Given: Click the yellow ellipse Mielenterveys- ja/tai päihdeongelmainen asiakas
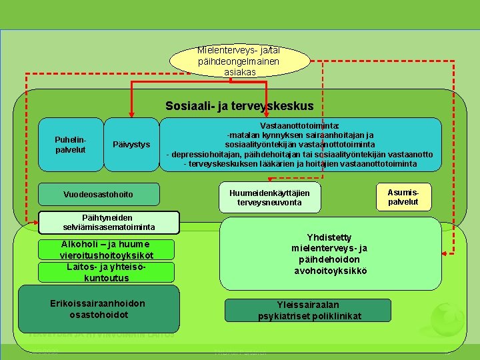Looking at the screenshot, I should (239, 61).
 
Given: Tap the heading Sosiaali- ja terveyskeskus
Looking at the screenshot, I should (239, 106).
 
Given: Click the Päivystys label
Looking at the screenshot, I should (132, 145).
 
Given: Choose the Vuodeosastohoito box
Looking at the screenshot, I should (99, 194).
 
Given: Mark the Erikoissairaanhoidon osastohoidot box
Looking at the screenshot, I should (98, 309).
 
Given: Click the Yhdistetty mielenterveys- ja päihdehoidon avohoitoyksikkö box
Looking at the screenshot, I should (329, 254).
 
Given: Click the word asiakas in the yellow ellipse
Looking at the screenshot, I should (240, 71).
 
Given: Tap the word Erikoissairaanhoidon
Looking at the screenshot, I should (98, 303).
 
